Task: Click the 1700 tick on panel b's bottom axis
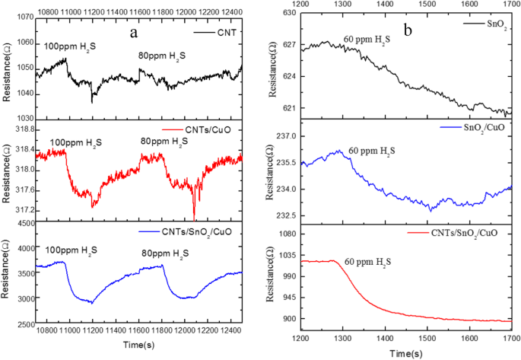tap(510, 336)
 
